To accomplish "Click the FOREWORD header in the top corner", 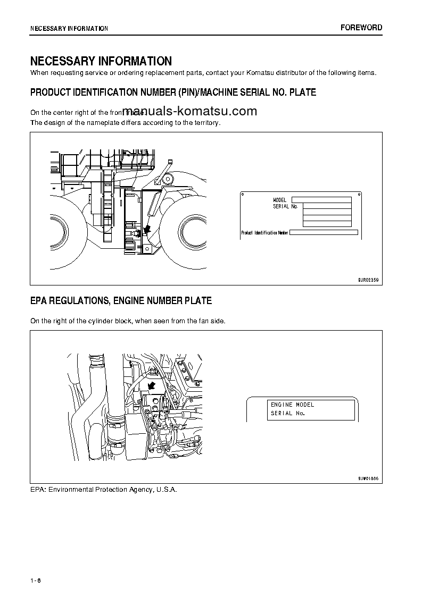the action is coord(361,28).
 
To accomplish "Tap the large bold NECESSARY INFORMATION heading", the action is coord(101,61).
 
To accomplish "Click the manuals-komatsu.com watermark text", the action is coord(189,111).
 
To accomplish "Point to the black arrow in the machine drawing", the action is coord(146,230).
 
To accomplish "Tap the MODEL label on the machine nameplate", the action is coord(280,200).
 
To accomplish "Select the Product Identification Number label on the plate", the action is coord(264,233).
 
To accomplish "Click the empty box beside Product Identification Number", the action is coord(324,232).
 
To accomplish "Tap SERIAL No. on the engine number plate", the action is coord(287,414).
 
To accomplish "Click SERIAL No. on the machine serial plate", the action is coord(285,206).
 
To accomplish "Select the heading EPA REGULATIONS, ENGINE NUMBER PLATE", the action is coord(121,301).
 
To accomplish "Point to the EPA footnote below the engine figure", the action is coord(103,489).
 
